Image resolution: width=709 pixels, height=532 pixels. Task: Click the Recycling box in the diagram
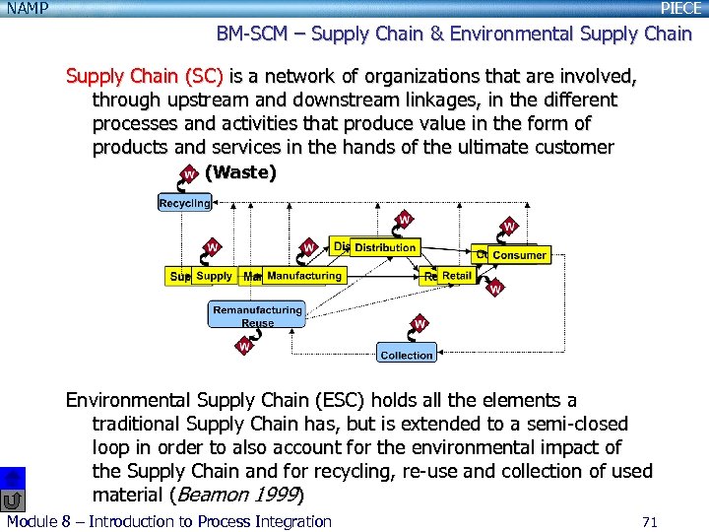[x=184, y=203]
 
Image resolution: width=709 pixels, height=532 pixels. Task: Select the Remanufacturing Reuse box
[x=257, y=315]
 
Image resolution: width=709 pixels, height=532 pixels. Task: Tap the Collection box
[x=406, y=354]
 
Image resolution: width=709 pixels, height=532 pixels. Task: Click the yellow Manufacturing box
[x=304, y=276]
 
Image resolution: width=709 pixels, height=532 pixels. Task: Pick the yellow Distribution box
[x=384, y=247]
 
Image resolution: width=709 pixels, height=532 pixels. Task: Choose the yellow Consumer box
[x=519, y=255]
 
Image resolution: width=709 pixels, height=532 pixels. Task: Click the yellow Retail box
[x=456, y=276]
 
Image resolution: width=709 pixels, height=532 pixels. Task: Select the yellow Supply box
[x=213, y=276]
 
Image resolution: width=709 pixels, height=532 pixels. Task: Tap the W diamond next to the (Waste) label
[x=188, y=175]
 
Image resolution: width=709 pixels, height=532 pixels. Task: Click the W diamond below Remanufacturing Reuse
[x=243, y=346]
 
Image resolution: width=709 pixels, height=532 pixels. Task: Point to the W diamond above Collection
[x=419, y=323]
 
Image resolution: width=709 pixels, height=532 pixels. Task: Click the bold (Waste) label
[x=240, y=172]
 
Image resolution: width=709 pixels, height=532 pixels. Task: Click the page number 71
[x=648, y=521]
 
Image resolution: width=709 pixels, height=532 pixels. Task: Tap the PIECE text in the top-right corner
[x=680, y=8]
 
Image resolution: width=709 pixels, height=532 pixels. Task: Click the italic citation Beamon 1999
[x=236, y=495]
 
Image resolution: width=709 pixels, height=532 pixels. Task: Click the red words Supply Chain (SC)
[x=144, y=76]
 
